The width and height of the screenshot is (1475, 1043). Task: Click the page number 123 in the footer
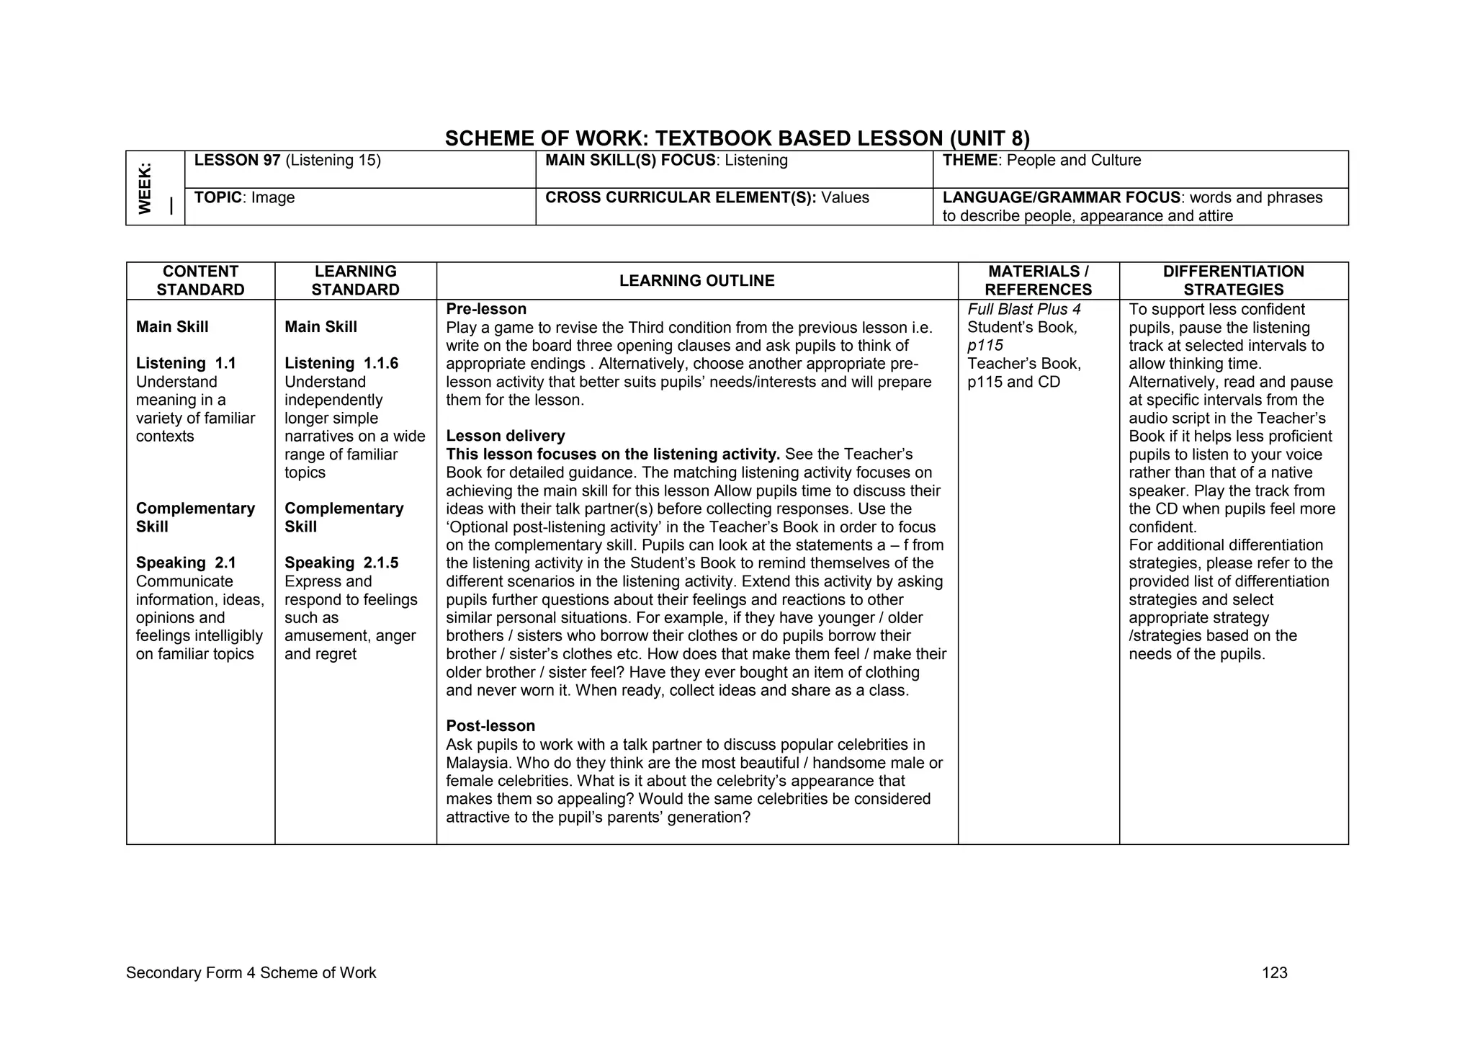tap(1274, 973)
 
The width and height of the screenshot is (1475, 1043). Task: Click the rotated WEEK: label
tap(145, 188)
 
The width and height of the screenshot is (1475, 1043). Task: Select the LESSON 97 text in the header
tap(237, 161)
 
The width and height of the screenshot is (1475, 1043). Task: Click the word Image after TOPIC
tap(273, 198)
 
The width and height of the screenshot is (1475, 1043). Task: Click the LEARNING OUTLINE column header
tap(696, 281)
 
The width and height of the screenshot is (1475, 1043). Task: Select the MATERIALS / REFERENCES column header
tap(1038, 281)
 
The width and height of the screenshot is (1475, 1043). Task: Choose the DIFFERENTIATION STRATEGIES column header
tap(1233, 281)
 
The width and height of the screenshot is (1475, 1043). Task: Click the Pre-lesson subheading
tap(486, 309)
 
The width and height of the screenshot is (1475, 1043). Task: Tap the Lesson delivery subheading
tap(506, 436)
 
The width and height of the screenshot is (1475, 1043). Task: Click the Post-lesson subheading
tap(490, 726)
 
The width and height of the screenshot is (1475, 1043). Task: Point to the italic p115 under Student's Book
tap(985, 346)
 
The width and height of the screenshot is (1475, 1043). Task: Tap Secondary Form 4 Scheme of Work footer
tap(251, 973)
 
